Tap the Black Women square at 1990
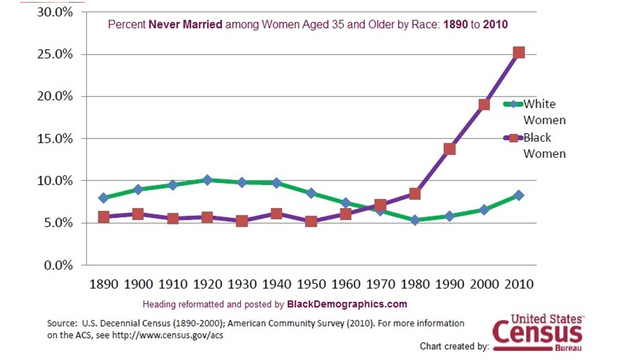(449, 149)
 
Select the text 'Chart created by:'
(440, 346)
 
